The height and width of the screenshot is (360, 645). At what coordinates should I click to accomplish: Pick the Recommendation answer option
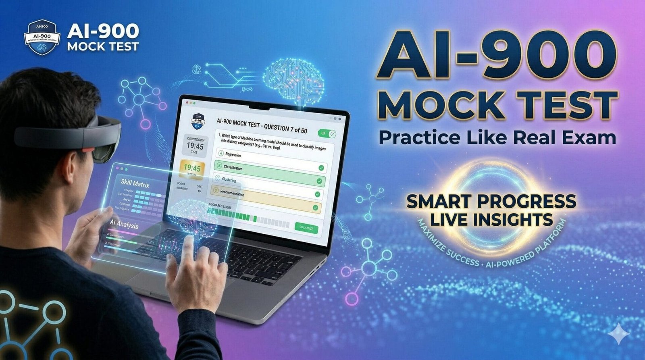266,194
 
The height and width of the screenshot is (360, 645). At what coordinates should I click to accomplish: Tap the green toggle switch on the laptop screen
327,133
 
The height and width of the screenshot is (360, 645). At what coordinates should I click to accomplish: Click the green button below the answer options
306,228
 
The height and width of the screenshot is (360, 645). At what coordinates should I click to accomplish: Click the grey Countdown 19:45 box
195,146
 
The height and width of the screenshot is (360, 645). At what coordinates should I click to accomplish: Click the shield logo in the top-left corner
42,37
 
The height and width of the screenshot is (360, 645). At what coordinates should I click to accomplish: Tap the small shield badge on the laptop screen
197,121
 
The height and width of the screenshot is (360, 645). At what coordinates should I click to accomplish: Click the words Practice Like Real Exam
497,137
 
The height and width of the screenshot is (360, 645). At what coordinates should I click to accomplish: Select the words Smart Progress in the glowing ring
491,201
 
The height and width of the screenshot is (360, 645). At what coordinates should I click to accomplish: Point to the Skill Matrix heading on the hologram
135,183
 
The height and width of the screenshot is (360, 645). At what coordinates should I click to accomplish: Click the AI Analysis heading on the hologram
124,225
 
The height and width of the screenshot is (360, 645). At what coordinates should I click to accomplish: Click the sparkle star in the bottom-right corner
619,335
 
